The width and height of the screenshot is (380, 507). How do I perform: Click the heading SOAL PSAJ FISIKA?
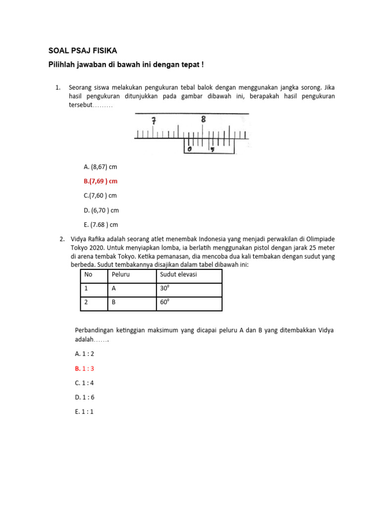pyautogui.click(x=83, y=51)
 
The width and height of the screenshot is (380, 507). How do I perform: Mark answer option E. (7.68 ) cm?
pyautogui.click(x=101, y=225)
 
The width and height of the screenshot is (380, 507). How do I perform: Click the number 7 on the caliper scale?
pyautogui.click(x=154, y=121)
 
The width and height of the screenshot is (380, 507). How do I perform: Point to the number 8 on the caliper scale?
pyautogui.click(x=203, y=119)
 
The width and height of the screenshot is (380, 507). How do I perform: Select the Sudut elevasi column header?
pyautogui.click(x=178, y=274)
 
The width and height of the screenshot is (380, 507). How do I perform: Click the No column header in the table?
pyautogui.click(x=89, y=274)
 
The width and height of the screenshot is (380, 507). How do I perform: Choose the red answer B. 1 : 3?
pyautogui.click(x=85, y=368)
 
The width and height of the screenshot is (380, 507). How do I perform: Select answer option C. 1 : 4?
pyautogui.click(x=85, y=383)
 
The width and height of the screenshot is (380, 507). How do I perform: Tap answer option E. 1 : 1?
pyautogui.click(x=84, y=411)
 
